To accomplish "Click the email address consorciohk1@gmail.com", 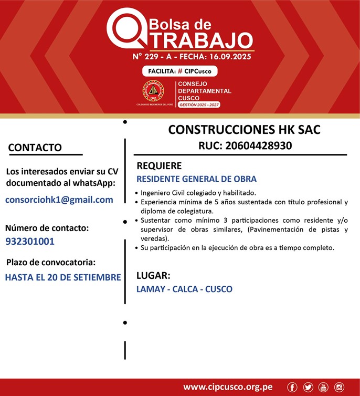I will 59,200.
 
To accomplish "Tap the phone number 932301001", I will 30,242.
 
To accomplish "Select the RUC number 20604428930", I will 245,145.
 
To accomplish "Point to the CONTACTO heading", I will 35,148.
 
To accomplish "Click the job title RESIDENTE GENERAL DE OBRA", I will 196,179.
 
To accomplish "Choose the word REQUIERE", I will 159,166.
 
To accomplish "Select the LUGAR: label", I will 153,275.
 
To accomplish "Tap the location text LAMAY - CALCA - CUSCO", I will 184,289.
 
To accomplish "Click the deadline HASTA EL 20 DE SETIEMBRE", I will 63,277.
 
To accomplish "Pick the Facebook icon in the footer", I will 292,387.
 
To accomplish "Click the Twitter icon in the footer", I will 308,387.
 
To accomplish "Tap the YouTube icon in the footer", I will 323,387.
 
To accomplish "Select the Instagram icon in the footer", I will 339,387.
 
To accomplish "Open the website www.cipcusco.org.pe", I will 228,387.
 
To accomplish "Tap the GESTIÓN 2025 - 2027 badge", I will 199,105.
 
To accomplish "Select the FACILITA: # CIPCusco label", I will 179,71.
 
